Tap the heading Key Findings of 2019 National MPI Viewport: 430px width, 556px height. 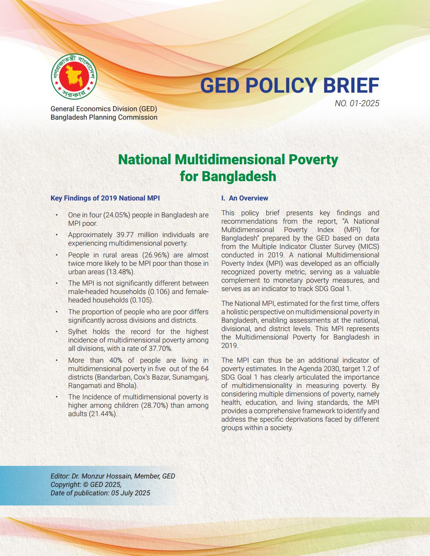pyautogui.click(x=105, y=198)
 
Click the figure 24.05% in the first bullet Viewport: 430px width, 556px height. pyautogui.click(x=113, y=215)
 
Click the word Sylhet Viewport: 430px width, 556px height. pyautogui.click(x=78, y=331)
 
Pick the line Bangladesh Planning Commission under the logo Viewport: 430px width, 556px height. pyautogui.click(x=104, y=117)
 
